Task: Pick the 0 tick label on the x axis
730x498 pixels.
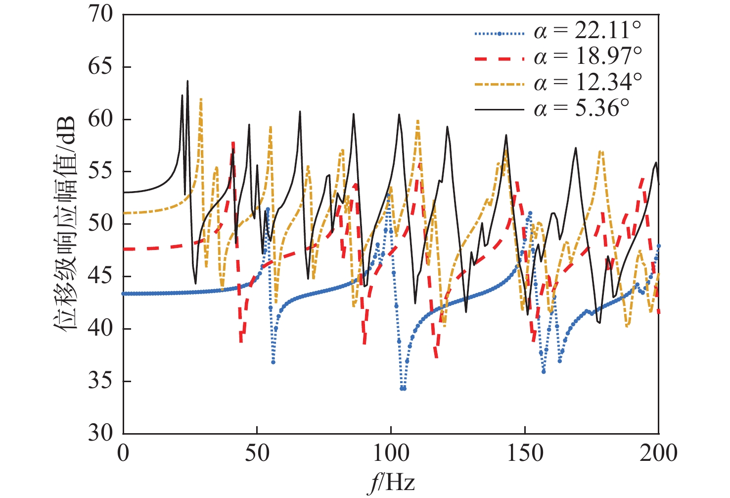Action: coord(123,453)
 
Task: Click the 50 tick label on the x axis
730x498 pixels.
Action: coord(257,453)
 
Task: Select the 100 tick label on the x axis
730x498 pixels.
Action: coord(391,453)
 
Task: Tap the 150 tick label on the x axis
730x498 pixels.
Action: coord(525,453)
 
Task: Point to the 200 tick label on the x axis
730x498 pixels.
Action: coord(658,453)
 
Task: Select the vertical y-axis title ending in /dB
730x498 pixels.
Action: coord(64,224)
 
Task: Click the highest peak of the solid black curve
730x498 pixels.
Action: coord(187,81)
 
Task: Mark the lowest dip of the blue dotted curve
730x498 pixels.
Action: coord(403,389)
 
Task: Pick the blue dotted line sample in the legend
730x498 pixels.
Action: coord(499,34)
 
